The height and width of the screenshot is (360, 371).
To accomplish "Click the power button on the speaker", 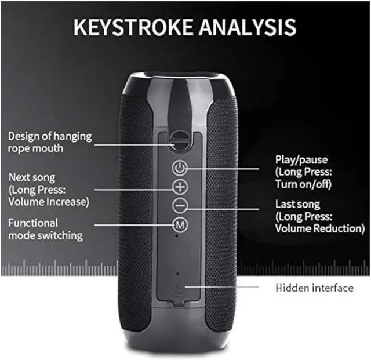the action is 180,168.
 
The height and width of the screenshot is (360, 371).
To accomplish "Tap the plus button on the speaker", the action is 180,187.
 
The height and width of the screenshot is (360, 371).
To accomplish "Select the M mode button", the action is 180,224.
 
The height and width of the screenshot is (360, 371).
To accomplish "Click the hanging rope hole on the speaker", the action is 180,141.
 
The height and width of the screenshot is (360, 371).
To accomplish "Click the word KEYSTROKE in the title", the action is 133,27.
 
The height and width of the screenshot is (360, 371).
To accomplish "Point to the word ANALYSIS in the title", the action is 248,27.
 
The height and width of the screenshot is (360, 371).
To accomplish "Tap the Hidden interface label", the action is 314,288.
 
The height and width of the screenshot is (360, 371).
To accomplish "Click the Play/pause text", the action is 301,160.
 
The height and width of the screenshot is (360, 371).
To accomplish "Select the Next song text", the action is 32,177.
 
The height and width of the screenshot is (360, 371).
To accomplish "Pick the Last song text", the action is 297,205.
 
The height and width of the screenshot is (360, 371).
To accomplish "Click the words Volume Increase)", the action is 49,202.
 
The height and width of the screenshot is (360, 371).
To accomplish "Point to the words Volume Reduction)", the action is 320,228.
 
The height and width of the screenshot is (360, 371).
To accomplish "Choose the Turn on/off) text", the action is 303,184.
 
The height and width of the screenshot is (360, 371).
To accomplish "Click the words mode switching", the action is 45,235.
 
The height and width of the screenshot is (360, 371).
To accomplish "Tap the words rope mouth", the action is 36,148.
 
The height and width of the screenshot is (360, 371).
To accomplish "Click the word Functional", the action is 33,223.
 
